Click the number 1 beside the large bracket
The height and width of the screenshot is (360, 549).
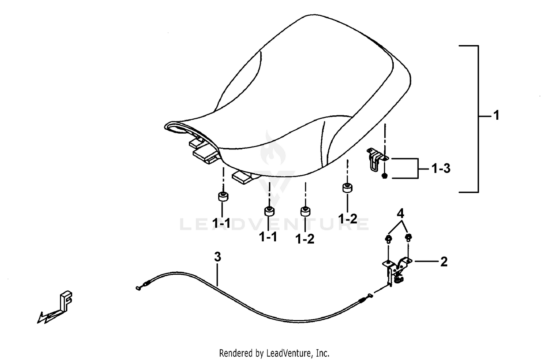[496, 115]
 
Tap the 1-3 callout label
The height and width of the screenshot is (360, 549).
[441, 169]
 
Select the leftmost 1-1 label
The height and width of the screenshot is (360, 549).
[221, 223]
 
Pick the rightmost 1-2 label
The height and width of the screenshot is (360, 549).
[348, 219]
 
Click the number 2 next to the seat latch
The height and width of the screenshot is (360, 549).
[444, 261]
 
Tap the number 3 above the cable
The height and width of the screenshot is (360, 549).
[217, 257]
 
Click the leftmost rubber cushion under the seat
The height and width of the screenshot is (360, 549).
[223, 197]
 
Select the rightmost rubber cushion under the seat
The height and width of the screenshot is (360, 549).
[347, 188]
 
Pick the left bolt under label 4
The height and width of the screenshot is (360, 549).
[388, 239]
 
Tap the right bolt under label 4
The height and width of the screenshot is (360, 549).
[408, 237]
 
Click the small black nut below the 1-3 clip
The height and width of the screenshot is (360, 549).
[385, 175]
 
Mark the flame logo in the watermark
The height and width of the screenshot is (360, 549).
[273, 148]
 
